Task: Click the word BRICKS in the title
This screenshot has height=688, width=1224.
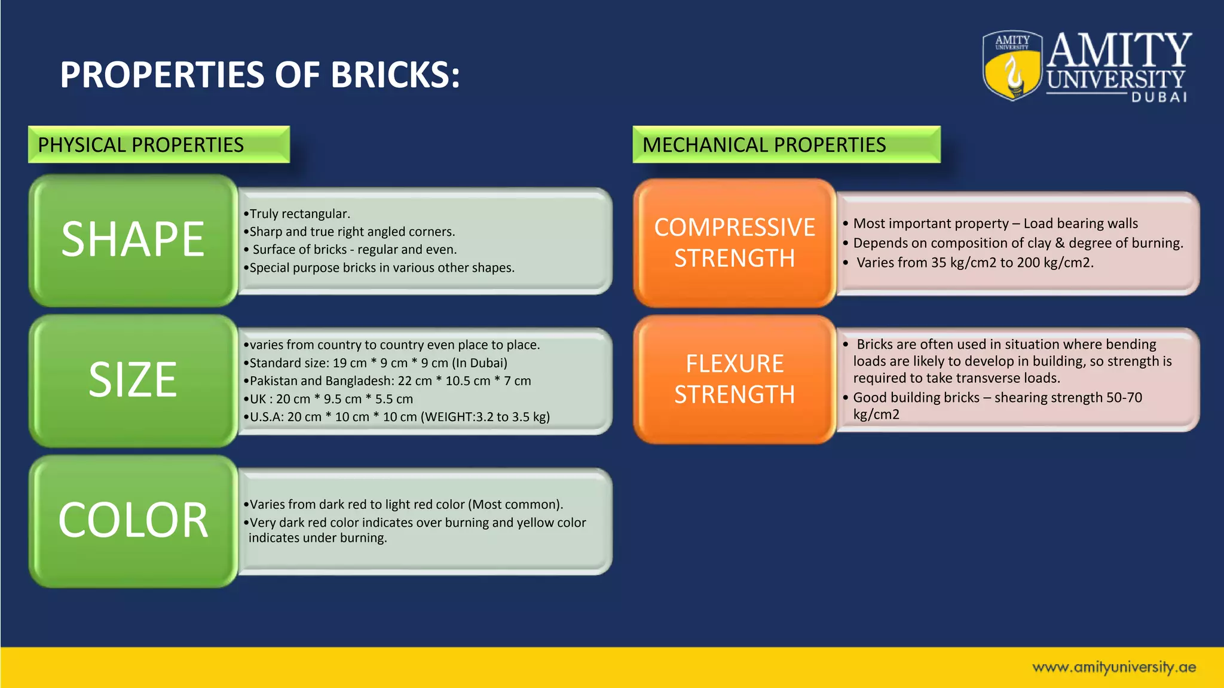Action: point(394,75)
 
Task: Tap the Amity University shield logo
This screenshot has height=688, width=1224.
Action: point(1012,66)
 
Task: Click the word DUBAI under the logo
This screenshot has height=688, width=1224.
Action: point(1159,97)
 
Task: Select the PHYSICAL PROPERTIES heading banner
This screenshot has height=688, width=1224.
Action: point(159,145)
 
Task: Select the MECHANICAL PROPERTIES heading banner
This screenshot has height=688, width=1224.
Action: point(786,145)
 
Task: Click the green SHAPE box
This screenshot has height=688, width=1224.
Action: point(133,240)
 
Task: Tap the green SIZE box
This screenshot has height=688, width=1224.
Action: point(133,380)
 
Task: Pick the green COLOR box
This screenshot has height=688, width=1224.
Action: point(133,521)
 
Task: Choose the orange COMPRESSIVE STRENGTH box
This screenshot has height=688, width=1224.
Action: point(735,242)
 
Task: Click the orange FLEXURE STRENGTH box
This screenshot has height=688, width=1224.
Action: point(735,379)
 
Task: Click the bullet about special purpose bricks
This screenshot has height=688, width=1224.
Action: point(380,268)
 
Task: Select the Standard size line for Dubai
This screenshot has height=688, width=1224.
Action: point(377,363)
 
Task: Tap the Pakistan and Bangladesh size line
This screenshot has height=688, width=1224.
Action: point(388,381)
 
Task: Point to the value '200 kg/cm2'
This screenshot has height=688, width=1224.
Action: point(1054,263)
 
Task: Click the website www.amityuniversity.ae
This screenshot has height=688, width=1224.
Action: point(1114,667)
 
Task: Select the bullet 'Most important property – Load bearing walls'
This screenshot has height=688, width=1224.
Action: point(994,223)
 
